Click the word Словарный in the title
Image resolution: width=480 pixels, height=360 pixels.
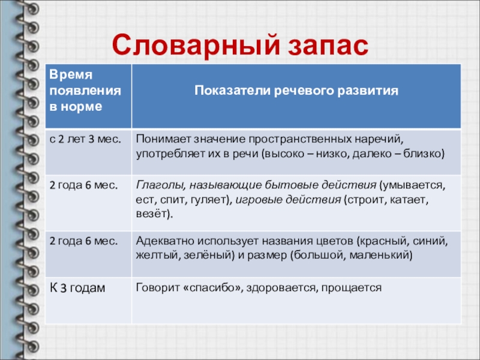pos(196,46)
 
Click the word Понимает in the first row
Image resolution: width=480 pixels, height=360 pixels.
pos(163,139)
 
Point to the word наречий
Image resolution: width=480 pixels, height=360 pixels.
pos(379,140)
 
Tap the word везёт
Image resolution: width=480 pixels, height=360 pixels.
pos(152,214)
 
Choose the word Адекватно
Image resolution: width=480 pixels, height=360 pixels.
pos(165,241)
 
